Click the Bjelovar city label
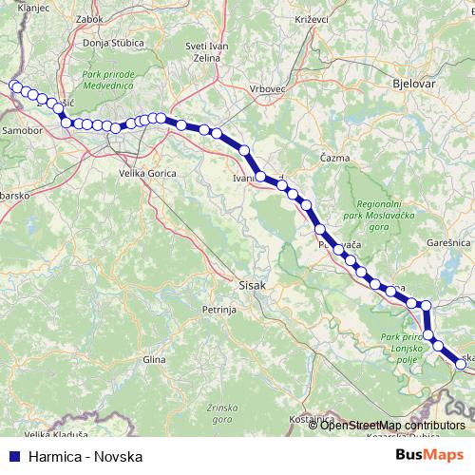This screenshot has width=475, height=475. [x=414, y=84]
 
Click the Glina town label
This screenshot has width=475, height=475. [x=153, y=360]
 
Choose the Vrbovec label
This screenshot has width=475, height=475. [x=268, y=88]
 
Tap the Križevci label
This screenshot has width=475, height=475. [x=312, y=19]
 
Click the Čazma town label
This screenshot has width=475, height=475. [x=334, y=158]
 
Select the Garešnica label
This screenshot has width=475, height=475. [x=445, y=243]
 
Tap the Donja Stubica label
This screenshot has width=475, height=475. [x=112, y=43]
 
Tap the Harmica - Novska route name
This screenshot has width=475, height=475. [x=85, y=456]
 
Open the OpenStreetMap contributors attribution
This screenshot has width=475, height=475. [x=392, y=426]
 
